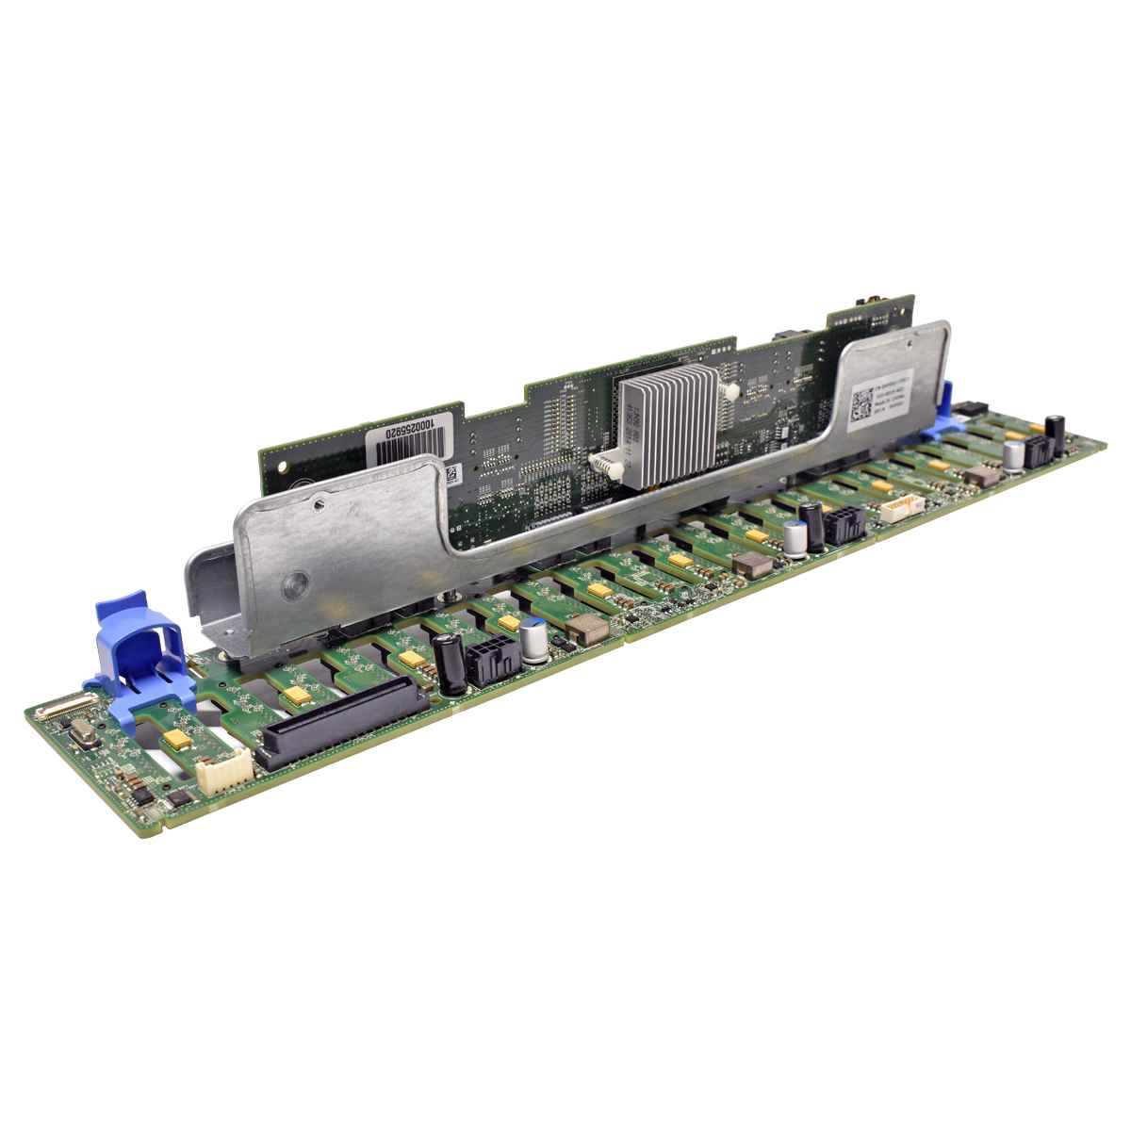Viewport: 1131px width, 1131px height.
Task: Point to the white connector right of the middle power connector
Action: point(895,510)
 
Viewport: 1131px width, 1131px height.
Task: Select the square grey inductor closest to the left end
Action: point(588,628)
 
